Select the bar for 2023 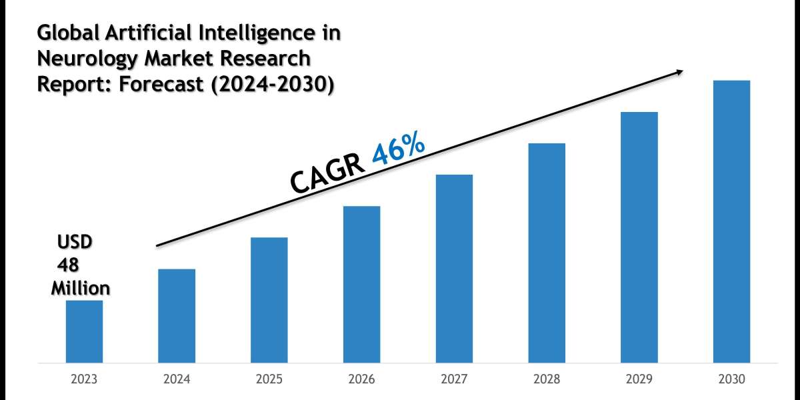pyautogui.click(x=84, y=331)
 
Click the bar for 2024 pyautogui.click(x=177, y=316)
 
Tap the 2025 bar pyautogui.click(x=269, y=300)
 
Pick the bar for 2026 pyautogui.click(x=362, y=285)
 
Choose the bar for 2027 pyautogui.click(x=454, y=269)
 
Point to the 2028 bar pyautogui.click(x=547, y=253)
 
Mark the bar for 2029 pyautogui.click(x=639, y=237)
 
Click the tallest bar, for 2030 pyautogui.click(x=732, y=222)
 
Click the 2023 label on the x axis pyautogui.click(x=84, y=379)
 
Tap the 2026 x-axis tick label pyautogui.click(x=362, y=379)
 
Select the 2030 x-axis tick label pyautogui.click(x=732, y=379)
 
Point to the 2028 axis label pyautogui.click(x=547, y=379)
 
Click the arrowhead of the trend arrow pyautogui.click(x=679, y=71)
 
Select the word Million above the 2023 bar pyautogui.click(x=81, y=289)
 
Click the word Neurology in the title pyautogui.click(x=75, y=59)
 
